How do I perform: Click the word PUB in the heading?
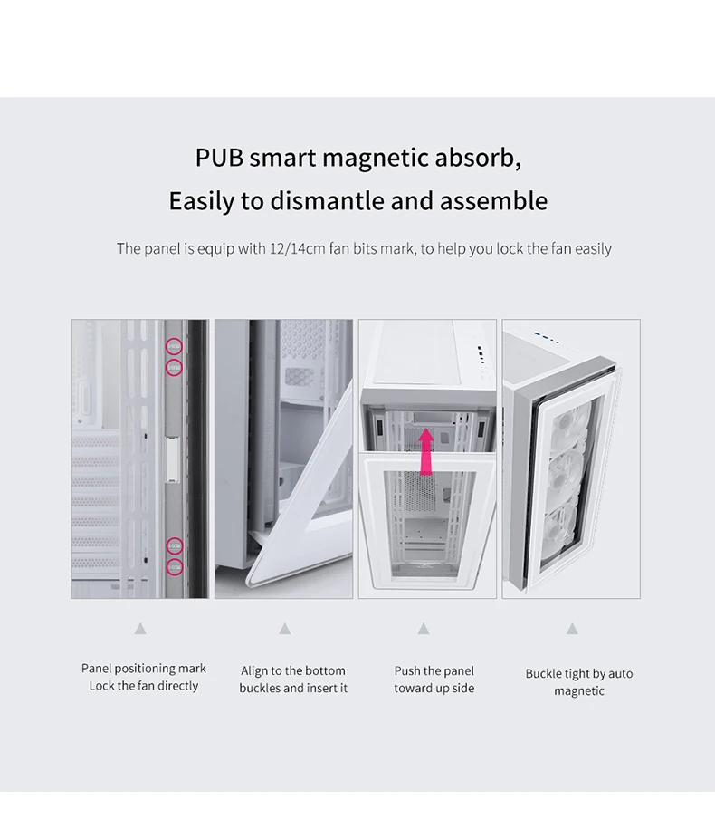pyautogui.click(x=219, y=158)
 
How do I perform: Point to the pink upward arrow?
pyautogui.click(x=426, y=450)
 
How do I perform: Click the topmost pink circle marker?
pyautogui.click(x=174, y=346)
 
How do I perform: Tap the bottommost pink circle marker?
pyautogui.click(x=174, y=566)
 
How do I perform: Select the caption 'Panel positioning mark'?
pyautogui.click(x=144, y=669)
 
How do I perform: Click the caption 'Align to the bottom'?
pyautogui.click(x=293, y=670)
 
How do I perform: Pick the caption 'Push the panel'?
pyautogui.click(x=434, y=670)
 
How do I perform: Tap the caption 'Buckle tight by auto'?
pyautogui.click(x=579, y=673)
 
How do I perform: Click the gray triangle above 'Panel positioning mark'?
pyautogui.click(x=140, y=628)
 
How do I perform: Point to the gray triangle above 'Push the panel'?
pyautogui.click(x=424, y=628)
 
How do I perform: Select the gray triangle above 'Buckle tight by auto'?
pyautogui.click(x=572, y=628)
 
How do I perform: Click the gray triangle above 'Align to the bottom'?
pyautogui.click(x=285, y=628)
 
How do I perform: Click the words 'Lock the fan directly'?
pyautogui.click(x=144, y=686)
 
